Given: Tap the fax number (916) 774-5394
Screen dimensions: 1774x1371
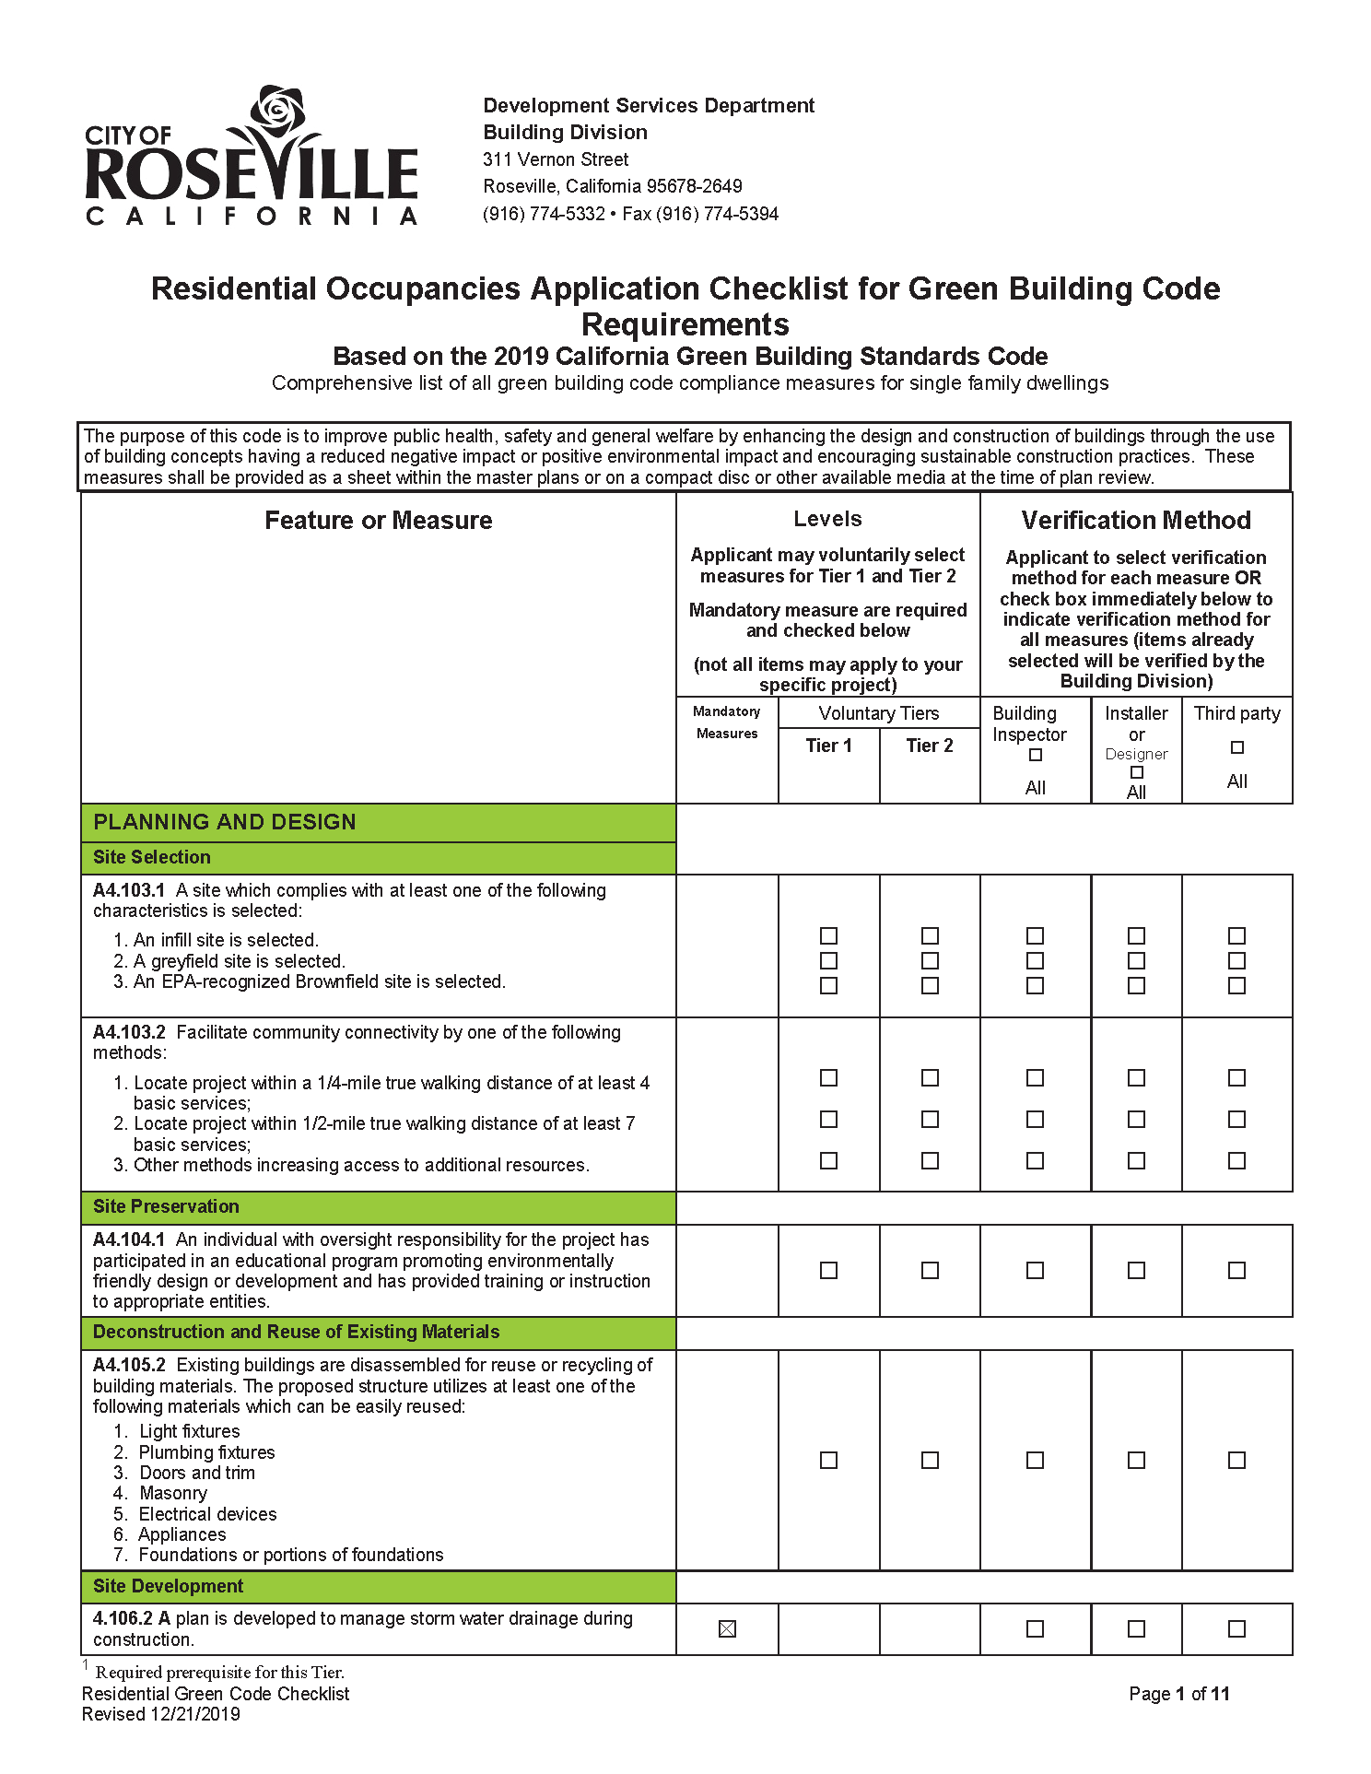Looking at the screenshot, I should (x=721, y=214).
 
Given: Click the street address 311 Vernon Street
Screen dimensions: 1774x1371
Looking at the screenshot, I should (x=556, y=159).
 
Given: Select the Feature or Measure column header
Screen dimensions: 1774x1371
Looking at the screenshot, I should (x=378, y=521).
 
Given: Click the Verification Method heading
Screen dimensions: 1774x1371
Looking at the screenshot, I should (x=1135, y=521).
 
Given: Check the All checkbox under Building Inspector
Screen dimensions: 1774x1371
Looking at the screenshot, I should (x=1035, y=756).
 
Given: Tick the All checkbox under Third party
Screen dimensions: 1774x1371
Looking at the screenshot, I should (x=1236, y=747).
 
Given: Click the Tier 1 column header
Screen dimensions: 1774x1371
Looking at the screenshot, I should (x=828, y=746).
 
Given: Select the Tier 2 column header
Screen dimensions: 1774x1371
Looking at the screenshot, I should (x=929, y=746).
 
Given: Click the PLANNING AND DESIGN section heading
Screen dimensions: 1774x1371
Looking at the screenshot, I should (x=225, y=822).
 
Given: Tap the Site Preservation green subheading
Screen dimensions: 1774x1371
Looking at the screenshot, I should (x=166, y=1206).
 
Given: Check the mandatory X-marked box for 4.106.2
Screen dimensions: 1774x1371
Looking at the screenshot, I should (x=727, y=1629).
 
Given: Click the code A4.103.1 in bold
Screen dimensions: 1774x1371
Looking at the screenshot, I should (x=129, y=890).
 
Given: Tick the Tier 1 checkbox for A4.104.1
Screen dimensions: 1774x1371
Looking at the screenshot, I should (x=828, y=1270).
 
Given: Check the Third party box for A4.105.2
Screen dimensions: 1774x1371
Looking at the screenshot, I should (x=1236, y=1460).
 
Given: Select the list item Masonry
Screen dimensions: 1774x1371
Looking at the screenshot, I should (x=172, y=1493).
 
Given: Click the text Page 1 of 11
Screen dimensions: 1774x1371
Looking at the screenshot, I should (x=1178, y=1694).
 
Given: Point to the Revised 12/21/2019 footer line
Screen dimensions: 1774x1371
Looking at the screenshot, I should (x=161, y=1714).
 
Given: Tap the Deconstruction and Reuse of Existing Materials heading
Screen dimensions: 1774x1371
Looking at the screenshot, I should (x=296, y=1332).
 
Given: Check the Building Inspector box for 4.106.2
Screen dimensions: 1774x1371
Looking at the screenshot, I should (x=1035, y=1629).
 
